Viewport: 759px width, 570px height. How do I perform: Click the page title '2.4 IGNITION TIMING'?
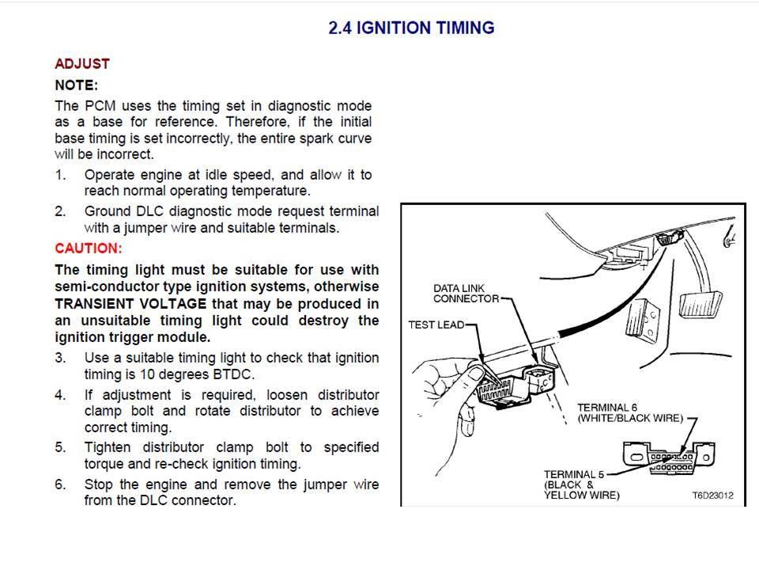click(x=411, y=28)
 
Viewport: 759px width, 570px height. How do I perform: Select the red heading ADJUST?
click(x=81, y=63)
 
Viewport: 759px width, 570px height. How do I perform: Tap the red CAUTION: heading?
click(x=88, y=248)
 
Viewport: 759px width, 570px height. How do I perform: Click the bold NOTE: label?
click(x=76, y=85)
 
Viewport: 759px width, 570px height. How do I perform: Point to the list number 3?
click(x=60, y=358)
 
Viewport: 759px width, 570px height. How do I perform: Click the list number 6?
click(x=60, y=484)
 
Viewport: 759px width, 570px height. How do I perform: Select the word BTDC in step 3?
click(x=258, y=374)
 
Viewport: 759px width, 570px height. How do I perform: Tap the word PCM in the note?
click(x=98, y=105)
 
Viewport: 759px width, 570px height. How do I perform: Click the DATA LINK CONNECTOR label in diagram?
click(x=465, y=293)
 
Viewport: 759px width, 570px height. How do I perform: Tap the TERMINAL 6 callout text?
click(x=629, y=412)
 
